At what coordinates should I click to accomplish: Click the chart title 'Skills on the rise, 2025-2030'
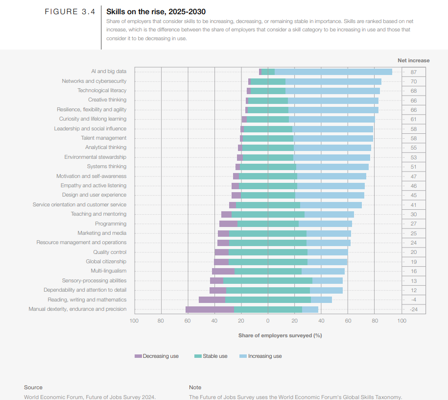click(x=156, y=12)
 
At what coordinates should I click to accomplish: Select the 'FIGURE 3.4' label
click(x=70, y=12)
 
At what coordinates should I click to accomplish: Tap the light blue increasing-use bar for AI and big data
click(x=333, y=72)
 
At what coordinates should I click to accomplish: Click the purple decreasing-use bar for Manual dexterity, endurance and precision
click(x=210, y=309)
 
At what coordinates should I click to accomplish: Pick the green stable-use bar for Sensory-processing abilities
click(x=268, y=281)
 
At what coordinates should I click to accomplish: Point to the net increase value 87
click(x=413, y=72)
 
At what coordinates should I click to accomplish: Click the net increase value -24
click(x=413, y=309)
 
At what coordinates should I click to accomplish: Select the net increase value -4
click(x=413, y=300)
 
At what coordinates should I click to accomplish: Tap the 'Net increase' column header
click(x=413, y=60)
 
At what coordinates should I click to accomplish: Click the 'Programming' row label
click(x=111, y=224)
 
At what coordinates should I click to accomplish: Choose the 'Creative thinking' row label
click(x=107, y=100)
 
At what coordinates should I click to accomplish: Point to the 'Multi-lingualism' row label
click(x=109, y=271)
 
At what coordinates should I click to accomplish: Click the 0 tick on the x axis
click(x=268, y=321)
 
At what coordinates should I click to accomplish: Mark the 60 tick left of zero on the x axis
click(x=188, y=321)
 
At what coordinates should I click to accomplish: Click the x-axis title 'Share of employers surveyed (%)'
click(x=280, y=335)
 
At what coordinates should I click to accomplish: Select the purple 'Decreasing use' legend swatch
click(x=138, y=356)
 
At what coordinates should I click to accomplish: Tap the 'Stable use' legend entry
click(x=211, y=356)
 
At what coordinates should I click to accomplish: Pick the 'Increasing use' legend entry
click(x=260, y=356)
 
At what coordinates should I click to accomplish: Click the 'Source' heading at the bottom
click(x=33, y=387)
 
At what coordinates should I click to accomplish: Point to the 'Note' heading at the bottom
click(x=195, y=387)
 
